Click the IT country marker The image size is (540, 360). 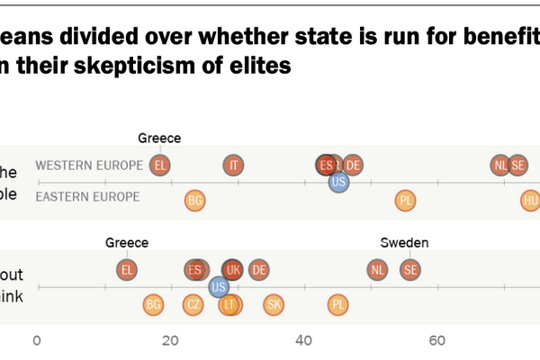234,165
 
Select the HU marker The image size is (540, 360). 531,200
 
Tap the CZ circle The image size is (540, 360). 193,305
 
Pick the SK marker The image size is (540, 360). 274,305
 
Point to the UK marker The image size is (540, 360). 232,269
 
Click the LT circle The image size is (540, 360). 230,305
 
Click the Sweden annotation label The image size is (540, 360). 404,242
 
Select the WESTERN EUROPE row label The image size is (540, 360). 89,166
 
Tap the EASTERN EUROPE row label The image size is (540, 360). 87,197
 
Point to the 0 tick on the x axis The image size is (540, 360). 37,341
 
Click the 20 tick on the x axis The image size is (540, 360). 170,341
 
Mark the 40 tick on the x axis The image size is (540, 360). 304,341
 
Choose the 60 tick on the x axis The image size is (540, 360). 437,341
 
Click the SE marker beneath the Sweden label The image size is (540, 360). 410,269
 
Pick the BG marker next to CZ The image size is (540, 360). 154,305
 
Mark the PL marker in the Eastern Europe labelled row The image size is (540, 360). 405,200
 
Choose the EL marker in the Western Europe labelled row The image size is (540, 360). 160,165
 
